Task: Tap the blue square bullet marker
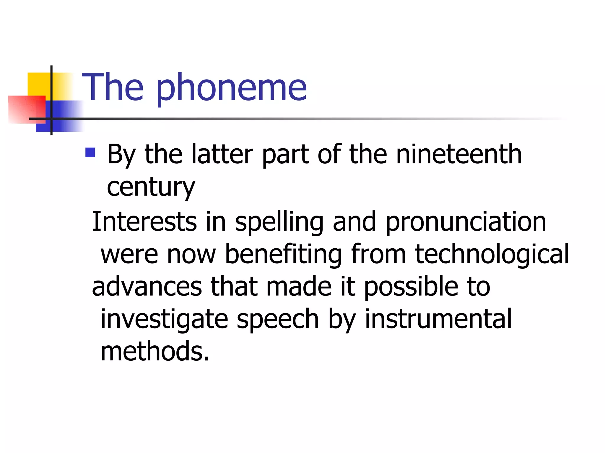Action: pos(90,152)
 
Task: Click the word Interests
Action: pos(144,221)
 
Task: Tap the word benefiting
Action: pos(283,255)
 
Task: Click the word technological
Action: pos(492,255)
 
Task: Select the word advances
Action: pos(147,287)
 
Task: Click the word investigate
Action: pos(164,320)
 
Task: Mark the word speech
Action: pos(277,320)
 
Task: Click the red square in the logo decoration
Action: pos(27,109)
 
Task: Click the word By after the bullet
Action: pos(121,155)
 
